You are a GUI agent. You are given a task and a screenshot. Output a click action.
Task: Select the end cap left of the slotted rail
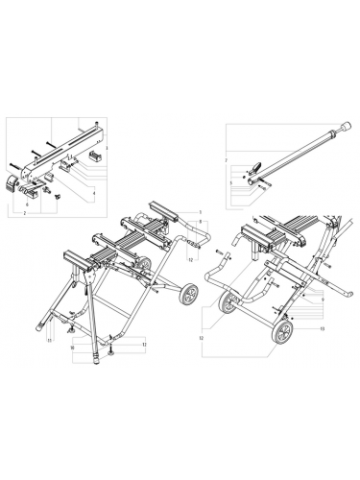point(14,185)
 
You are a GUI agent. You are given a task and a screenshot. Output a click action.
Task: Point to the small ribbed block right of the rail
point(95,153)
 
